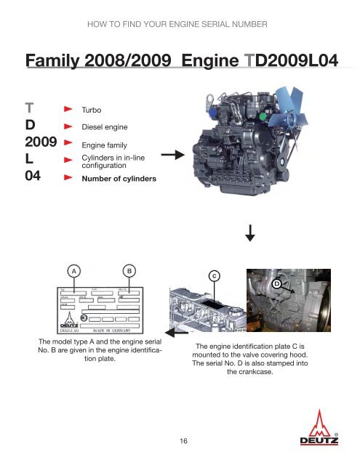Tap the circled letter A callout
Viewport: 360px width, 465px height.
[74, 270]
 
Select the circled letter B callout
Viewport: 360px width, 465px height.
[129, 270]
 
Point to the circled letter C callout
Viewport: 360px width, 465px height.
[214, 275]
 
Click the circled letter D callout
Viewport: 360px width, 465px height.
[277, 283]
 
